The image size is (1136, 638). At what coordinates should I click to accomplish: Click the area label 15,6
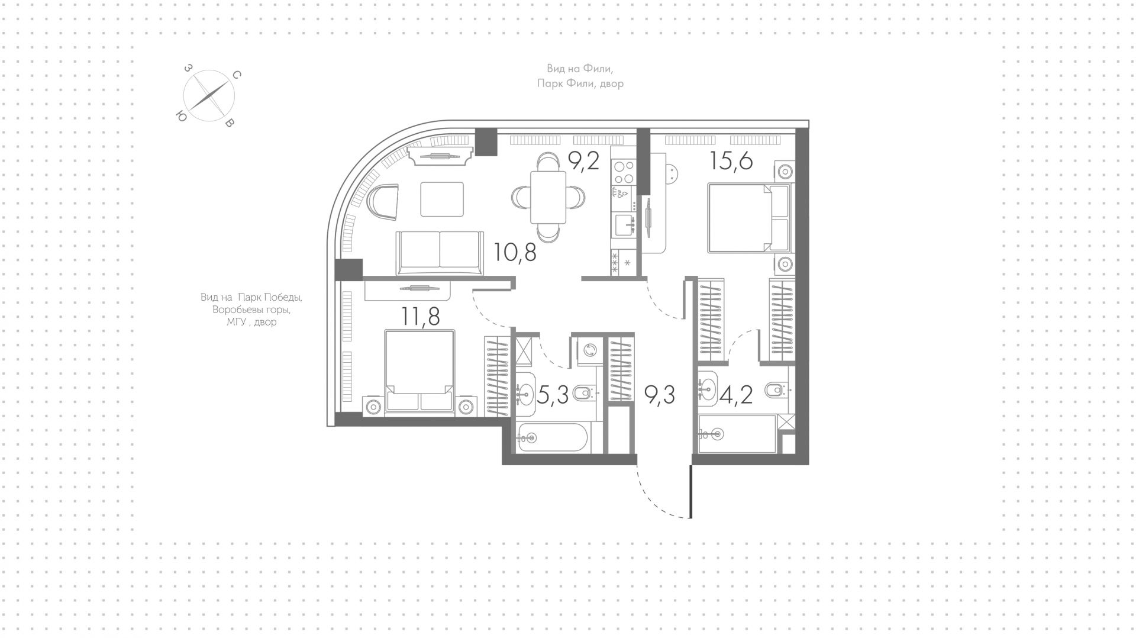[x=731, y=160]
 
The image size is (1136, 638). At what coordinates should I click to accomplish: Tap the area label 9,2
[x=583, y=160]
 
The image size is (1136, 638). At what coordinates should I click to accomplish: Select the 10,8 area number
[x=515, y=253]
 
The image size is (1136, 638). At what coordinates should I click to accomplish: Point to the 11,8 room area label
[x=420, y=317]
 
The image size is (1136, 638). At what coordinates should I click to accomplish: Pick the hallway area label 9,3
[x=660, y=395]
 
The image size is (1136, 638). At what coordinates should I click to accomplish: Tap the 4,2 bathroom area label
[x=737, y=395]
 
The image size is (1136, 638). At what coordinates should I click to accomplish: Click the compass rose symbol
[x=209, y=96]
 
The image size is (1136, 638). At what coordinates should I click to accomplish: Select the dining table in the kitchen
[x=548, y=197]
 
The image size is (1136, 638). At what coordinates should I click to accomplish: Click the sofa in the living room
[x=440, y=253]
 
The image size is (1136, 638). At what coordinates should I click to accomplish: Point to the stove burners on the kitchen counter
[x=623, y=171]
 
